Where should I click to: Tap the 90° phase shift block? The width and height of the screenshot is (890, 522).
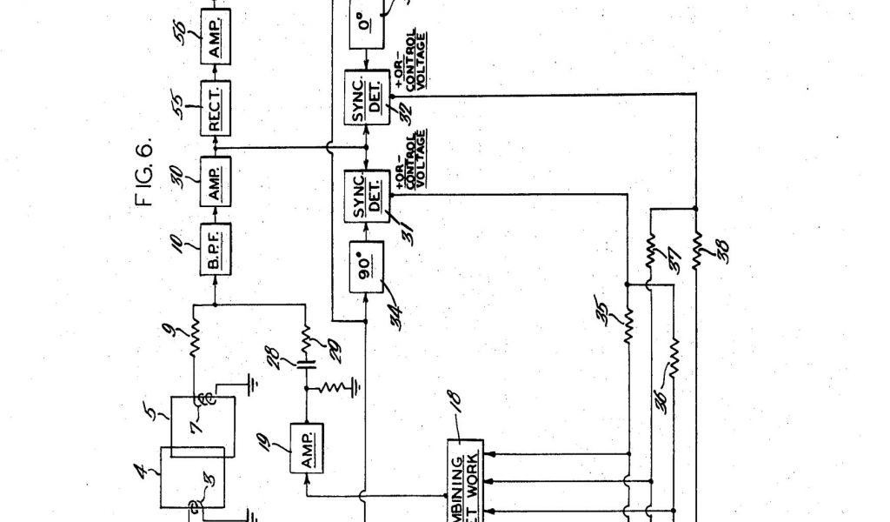(365, 269)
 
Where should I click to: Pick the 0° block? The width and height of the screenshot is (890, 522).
(364, 27)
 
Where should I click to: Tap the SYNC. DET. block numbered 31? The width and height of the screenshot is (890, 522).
(365, 195)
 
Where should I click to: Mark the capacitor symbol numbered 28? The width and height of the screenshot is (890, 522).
(306, 363)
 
